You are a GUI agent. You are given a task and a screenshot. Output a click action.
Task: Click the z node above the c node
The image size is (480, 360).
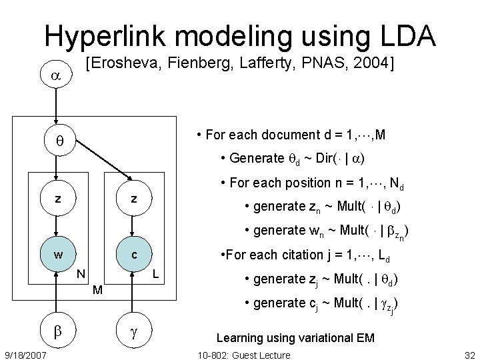tap(134, 198)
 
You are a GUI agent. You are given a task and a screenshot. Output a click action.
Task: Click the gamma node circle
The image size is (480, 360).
tap(134, 330)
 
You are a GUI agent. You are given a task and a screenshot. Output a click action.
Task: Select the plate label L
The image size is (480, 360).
tap(155, 273)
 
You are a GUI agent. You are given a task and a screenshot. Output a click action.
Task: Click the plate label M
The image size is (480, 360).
tap(97, 290)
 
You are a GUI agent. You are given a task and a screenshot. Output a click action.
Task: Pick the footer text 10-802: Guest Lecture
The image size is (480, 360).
tap(245, 355)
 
